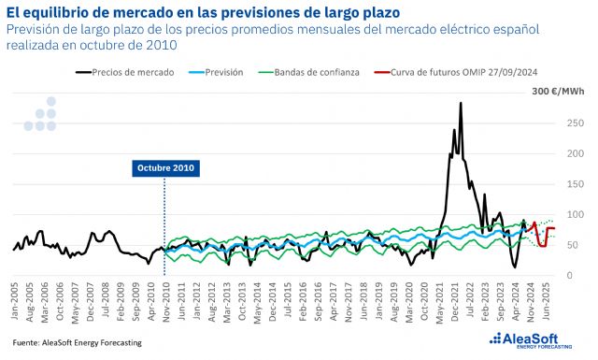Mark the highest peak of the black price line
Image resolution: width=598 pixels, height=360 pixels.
pyautogui.click(x=461, y=104)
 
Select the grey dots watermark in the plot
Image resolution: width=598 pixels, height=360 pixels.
pyautogui.click(x=41, y=114)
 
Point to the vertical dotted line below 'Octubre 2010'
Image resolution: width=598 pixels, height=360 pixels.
pyautogui.click(x=164, y=224)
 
